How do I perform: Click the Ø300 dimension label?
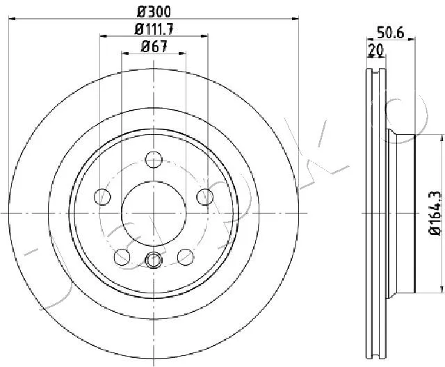tap(154, 12)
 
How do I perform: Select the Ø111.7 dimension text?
tap(154, 29)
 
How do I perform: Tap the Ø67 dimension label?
tap(154, 47)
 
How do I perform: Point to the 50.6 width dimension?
tap(390, 33)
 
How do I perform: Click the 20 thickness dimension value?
tap(375, 50)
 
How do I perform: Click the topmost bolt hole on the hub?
tap(154, 160)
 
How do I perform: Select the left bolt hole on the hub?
tap(102, 197)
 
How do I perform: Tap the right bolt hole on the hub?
tap(205, 197)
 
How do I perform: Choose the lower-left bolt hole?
tap(122, 257)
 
